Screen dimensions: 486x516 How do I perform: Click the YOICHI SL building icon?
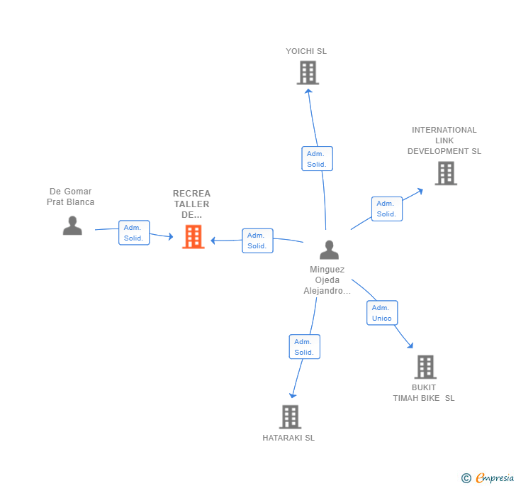[x=308, y=72]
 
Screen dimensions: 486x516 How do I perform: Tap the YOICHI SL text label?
[x=306, y=51]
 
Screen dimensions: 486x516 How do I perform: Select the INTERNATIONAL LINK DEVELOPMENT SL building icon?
[x=445, y=173]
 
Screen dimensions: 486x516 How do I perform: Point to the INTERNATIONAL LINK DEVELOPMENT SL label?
[x=444, y=140]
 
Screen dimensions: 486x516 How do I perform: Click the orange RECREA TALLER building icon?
[x=193, y=237]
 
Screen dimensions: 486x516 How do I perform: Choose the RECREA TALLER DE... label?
[x=191, y=204]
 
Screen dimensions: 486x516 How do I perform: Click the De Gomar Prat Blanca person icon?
[x=72, y=226]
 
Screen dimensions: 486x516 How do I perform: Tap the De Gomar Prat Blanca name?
[x=70, y=197]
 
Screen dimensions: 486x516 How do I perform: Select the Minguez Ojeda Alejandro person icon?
[x=329, y=250]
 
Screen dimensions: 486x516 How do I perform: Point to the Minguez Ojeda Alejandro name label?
[x=327, y=280]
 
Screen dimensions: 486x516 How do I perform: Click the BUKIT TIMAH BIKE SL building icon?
[x=425, y=367]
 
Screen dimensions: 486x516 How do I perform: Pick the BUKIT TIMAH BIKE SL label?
[x=424, y=392]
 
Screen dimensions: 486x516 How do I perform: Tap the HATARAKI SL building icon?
[x=290, y=416]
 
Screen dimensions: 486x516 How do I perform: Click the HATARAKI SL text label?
[x=288, y=438]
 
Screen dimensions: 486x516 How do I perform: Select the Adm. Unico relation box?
[x=382, y=313]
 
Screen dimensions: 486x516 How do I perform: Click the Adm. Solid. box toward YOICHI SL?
[x=317, y=159]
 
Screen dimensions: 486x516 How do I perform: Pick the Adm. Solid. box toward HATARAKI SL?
[x=305, y=347]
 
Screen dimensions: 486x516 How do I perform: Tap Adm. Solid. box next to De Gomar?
[x=134, y=233]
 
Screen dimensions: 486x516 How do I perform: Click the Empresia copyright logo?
[x=488, y=478]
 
